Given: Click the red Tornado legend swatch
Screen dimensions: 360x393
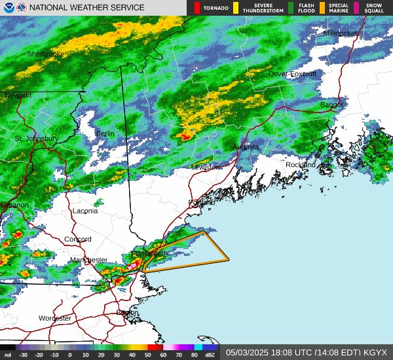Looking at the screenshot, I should click(x=198, y=8).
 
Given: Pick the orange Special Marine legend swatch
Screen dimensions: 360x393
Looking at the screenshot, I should click(x=322, y=8).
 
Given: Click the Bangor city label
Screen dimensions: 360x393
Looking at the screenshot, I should click(x=331, y=105).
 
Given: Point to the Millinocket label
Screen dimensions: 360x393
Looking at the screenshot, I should click(x=341, y=33).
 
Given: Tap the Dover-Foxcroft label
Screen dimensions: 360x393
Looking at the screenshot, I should click(x=292, y=74).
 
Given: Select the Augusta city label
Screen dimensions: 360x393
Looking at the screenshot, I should click(x=246, y=147).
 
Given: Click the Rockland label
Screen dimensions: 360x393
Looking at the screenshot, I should click(x=300, y=164).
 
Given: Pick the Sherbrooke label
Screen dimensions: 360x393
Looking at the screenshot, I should click(x=46, y=54).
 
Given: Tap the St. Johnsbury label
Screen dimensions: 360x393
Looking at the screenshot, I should click(x=36, y=139).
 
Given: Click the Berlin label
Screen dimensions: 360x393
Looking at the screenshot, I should click(x=105, y=134).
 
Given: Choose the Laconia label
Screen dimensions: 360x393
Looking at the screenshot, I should click(x=84, y=211).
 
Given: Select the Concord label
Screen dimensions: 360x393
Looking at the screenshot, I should click(x=77, y=239).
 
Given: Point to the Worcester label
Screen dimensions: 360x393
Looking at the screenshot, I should click(x=55, y=318).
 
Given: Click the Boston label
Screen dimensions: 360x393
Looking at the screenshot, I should click(x=128, y=313).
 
